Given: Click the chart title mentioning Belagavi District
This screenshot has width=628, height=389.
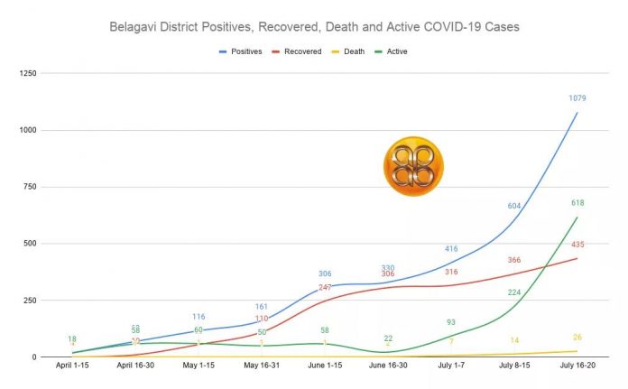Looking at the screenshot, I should pos(314,26).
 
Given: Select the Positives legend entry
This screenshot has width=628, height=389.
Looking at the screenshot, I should pos(244,51).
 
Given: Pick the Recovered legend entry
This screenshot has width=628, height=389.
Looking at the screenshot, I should pos(303,51).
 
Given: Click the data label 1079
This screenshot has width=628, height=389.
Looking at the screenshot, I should pos(577,98).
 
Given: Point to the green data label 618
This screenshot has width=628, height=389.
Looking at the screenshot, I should pos(577,204).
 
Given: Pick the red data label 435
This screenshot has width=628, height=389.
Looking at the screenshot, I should pos(577,245).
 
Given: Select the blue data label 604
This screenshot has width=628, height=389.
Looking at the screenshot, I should pos(514,206).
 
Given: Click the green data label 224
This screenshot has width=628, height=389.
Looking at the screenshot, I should pos(514,292).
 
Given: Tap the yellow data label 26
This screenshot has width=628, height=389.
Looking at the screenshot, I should pos(577,338).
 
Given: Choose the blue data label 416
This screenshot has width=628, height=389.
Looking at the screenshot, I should pos(451,248).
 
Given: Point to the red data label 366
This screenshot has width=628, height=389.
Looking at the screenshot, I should pos(514,260).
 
